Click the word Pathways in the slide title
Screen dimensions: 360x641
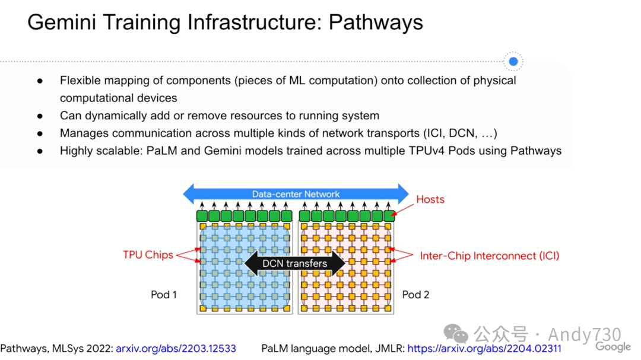(376, 23)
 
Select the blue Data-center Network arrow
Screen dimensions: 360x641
(296, 194)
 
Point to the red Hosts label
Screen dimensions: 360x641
(430, 199)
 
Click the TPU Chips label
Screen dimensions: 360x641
(148, 255)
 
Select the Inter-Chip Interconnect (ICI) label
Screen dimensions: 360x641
(490, 256)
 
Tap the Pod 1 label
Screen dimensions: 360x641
(164, 294)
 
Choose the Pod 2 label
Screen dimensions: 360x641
(415, 294)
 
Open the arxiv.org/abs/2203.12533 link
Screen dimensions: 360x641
(176, 348)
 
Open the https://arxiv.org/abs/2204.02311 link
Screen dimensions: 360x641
(484, 348)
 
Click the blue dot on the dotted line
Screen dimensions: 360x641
(513, 61)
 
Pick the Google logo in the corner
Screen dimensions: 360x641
(613, 347)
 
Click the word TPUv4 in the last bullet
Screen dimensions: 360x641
(439, 151)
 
